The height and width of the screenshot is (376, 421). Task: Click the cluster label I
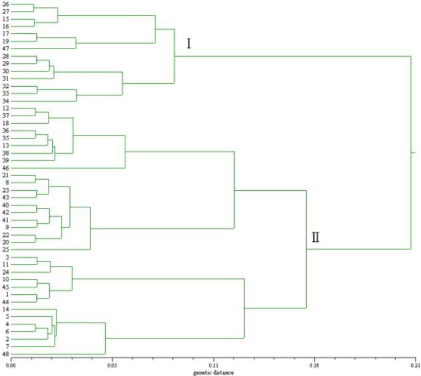[x=189, y=44]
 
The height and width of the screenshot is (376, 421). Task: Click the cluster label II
[x=315, y=237]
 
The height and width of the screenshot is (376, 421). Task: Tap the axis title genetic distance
[x=213, y=372]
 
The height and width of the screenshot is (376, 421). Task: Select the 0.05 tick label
[x=112, y=366]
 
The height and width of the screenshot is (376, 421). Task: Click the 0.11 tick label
[x=213, y=366]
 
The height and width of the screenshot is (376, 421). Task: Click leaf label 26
[x=6, y=4]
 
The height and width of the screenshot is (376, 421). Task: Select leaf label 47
[x=6, y=49]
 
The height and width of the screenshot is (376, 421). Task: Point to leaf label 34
[x=6, y=101]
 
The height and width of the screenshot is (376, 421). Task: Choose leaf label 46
[x=6, y=168]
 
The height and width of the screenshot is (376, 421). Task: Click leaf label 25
[x=6, y=250]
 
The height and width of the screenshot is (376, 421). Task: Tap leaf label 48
[x=6, y=354]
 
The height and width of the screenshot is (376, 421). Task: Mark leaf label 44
[x=6, y=302]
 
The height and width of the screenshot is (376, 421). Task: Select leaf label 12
[x=6, y=108]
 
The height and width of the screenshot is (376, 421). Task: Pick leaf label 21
[x=6, y=175]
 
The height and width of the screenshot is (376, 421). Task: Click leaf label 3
[x=6, y=257]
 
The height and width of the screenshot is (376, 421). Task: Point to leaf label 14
[x=6, y=310]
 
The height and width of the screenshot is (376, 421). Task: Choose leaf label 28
[x=6, y=56]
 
